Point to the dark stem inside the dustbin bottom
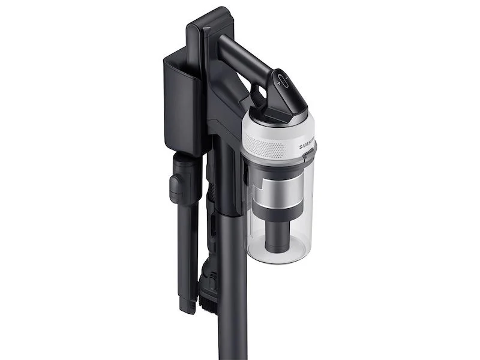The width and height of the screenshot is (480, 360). pyautogui.click(x=280, y=230)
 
